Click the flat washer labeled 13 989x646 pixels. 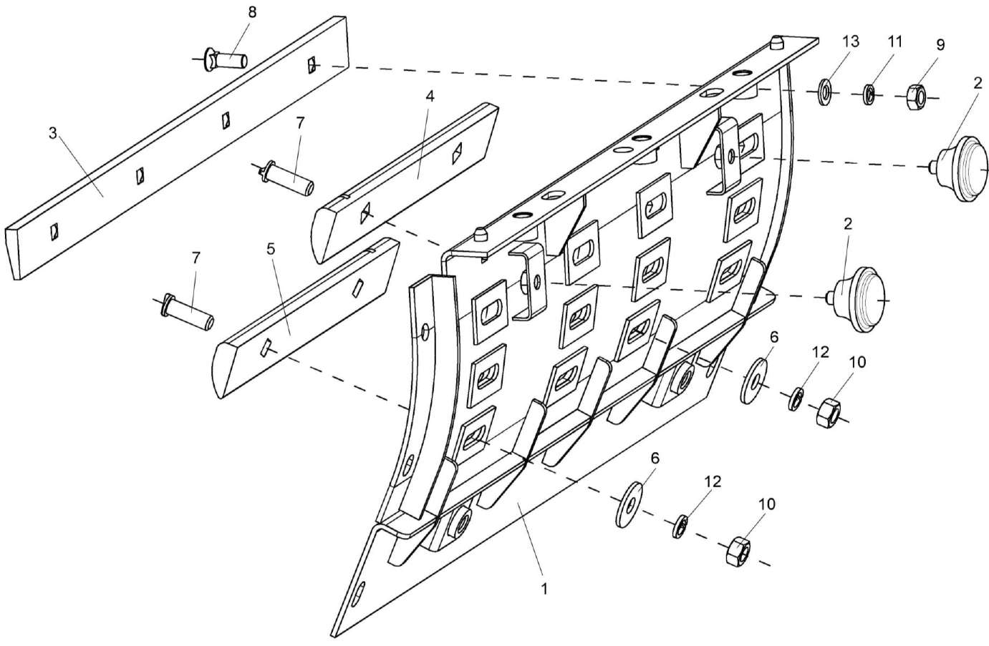tap(824, 89)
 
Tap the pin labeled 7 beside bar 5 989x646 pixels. tap(188, 313)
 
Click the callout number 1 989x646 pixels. tap(544, 590)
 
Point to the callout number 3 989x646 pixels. tap(52, 134)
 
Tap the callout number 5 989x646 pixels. tap(270, 249)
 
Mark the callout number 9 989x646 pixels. tap(940, 44)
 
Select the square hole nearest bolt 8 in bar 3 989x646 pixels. tap(312, 65)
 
